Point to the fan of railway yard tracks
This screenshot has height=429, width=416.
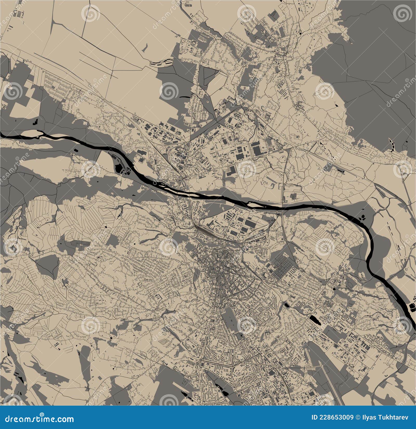[x=205, y=230]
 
